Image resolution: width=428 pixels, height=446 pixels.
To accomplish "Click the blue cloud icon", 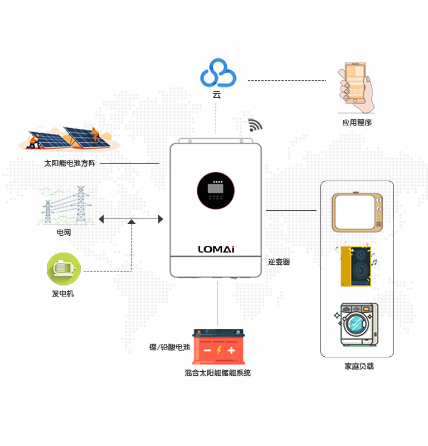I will point(218,74).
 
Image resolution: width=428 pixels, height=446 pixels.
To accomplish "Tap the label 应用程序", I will point(357,122).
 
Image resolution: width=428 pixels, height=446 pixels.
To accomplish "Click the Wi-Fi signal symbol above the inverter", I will point(255,125).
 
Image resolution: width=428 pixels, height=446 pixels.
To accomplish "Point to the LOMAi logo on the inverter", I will point(216,249).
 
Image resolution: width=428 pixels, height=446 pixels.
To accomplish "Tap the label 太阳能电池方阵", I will point(70,163).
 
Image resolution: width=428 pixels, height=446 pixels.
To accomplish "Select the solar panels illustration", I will point(69,138).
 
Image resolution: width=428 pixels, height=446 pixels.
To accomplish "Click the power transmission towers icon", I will point(66,206).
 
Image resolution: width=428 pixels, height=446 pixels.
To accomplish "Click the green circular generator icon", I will point(64,269).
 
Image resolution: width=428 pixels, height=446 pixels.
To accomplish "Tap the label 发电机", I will point(63,293).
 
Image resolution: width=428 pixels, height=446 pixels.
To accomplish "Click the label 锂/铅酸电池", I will point(169,347).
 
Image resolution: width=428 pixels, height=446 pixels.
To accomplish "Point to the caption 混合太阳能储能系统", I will point(217,373).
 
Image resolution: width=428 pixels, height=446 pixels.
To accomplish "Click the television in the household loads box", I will point(357,212).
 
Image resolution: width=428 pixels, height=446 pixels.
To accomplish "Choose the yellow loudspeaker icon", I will point(356,266).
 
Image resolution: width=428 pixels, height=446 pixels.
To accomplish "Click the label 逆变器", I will point(279,261).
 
